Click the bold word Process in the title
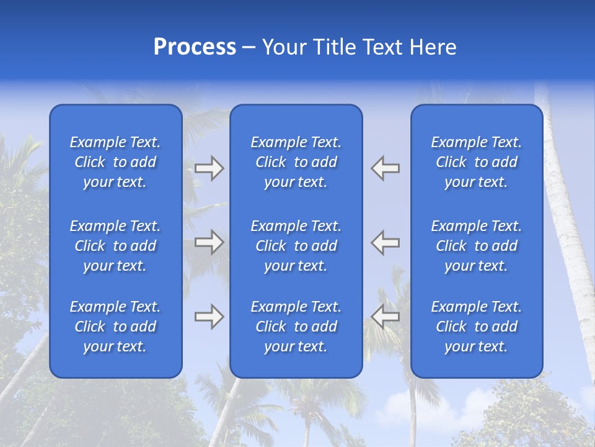[x=195, y=47]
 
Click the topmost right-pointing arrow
[x=209, y=168]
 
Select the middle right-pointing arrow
[x=209, y=242]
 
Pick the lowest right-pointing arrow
[x=209, y=316]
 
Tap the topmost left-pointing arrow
[x=386, y=168]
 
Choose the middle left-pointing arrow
[x=386, y=242]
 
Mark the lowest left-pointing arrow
[x=386, y=316]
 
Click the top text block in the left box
[x=115, y=162]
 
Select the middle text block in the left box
[x=115, y=246]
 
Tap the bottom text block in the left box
[x=115, y=327]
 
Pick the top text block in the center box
[x=296, y=162]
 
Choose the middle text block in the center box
[x=296, y=246]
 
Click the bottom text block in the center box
[x=296, y=327]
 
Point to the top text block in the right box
[x=477, y=162]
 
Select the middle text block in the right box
[x=477, y=246]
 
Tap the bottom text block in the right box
[x=477, y=327]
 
